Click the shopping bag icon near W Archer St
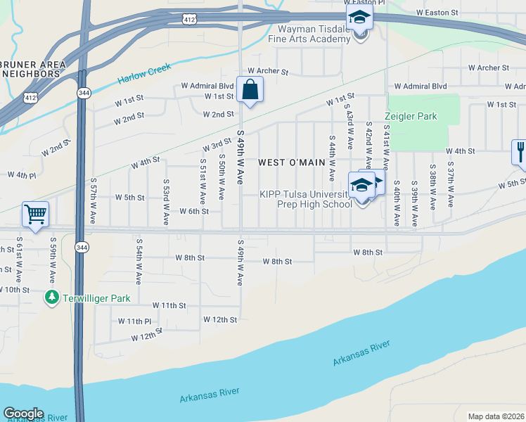250,90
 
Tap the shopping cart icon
35,214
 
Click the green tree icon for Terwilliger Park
51,298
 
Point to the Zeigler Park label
411,116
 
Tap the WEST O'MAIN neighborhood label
292,162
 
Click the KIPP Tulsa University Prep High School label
306,200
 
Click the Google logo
23,414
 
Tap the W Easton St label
437,13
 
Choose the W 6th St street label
194,211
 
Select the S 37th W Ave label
450,187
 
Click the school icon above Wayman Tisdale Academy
359,17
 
